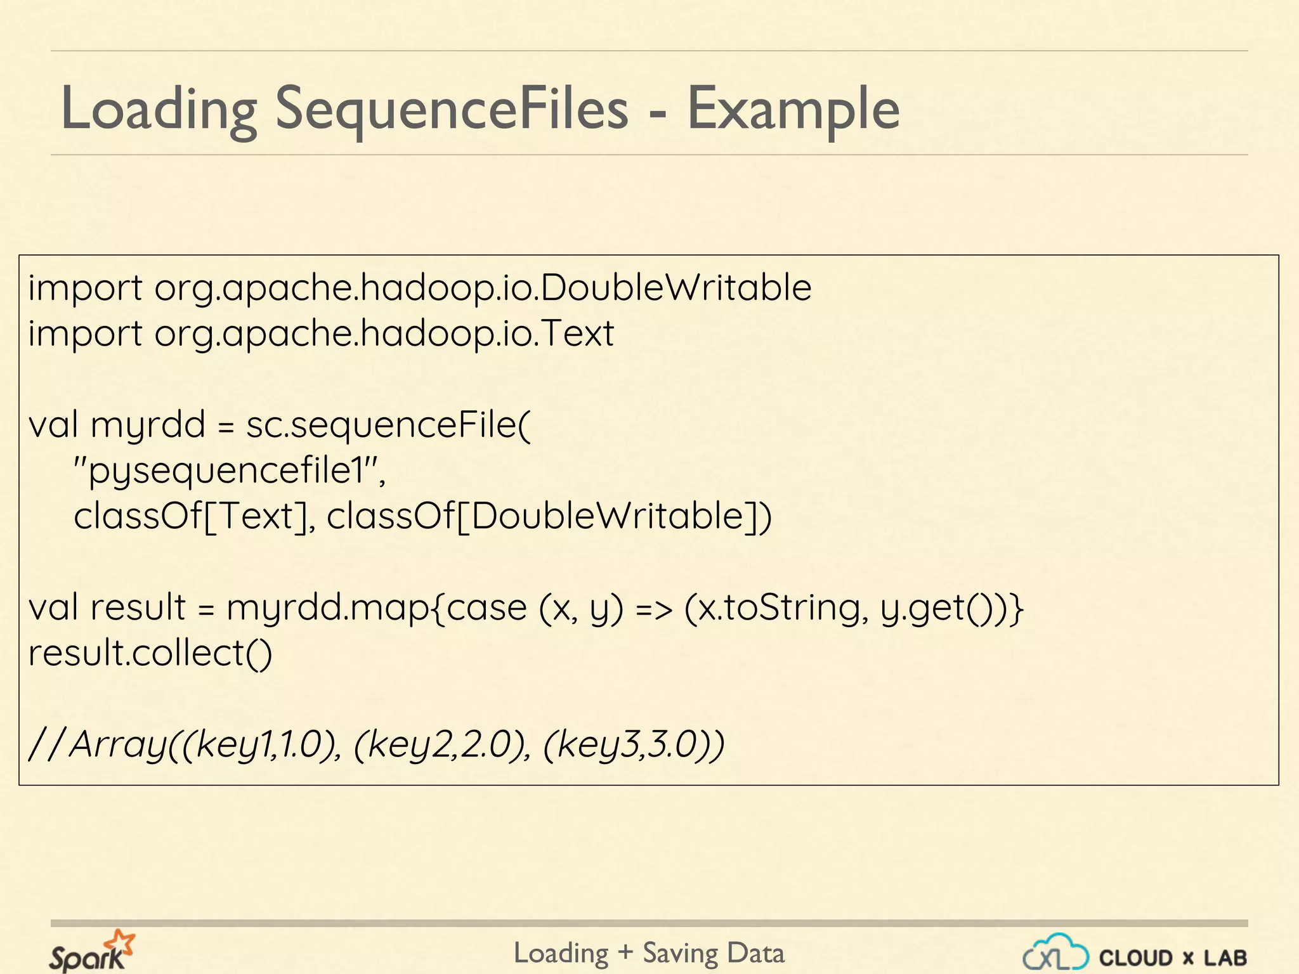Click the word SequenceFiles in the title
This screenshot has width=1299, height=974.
[x=451, y=108]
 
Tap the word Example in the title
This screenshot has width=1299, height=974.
[x=793, y=108]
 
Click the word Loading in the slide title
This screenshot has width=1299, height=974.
[x=159, y=108]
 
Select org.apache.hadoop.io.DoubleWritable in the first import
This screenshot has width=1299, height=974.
[x=483, y=289]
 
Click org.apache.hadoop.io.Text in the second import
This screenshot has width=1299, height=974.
[x=384, y=334]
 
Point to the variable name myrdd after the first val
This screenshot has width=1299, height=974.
[x=148, y=425]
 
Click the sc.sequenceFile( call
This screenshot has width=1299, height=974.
[x=388, y=425]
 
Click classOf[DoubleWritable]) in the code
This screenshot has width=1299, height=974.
[x=549, y=516]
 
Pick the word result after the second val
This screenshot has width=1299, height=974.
[x=138, y=607]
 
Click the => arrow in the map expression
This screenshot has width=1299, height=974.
[x=653, y=609]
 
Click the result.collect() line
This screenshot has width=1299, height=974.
[x=150, y=653]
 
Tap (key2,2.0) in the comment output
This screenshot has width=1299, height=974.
[x=440, y=744]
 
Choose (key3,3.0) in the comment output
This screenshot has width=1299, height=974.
[x=628, y=744]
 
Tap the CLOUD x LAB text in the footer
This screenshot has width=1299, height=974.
[x=1173, y=958]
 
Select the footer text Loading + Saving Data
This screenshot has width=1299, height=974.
[x=649, y=953]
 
